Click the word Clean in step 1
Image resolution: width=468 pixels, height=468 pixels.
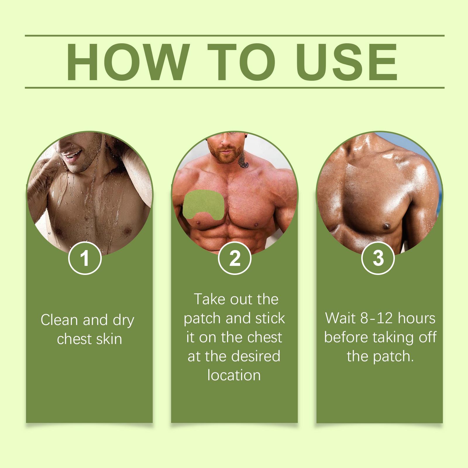coord(60,320)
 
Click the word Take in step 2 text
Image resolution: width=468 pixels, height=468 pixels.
coord(209,299)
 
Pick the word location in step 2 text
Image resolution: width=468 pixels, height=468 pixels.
coord(234,375)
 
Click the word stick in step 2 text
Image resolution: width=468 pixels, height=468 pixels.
coord(270,318)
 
